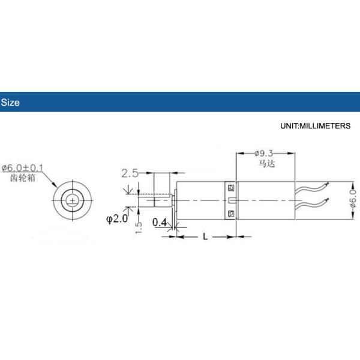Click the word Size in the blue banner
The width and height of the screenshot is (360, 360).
(10, 103)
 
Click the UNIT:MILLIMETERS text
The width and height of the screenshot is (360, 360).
(315, 127)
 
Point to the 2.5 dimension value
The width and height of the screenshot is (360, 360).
(130, 173)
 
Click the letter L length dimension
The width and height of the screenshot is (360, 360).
(205, 237)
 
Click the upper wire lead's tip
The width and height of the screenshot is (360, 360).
(329, 184)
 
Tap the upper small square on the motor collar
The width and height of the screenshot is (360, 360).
(232, 187)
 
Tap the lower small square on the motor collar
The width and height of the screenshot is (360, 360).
(232, 212)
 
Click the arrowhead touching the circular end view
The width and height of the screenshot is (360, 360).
(56, 185)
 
